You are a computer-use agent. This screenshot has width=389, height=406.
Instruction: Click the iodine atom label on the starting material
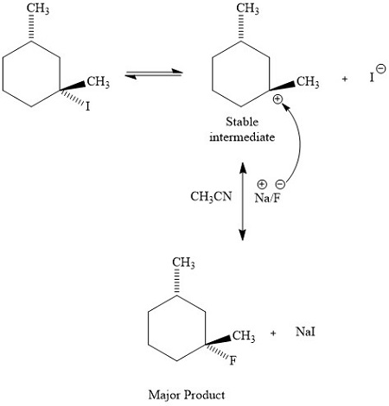click(x=88, y=107)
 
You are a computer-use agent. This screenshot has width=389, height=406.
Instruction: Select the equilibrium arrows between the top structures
click(x=152, y=77)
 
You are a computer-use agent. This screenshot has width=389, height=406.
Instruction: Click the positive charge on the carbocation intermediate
click(x=277, y=100)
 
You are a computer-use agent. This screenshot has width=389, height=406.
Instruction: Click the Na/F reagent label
click(x=267, y=197)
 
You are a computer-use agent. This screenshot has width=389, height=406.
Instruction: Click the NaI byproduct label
click(x=305, y=332)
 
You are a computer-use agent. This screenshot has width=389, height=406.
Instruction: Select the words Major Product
click(x=187, y=395)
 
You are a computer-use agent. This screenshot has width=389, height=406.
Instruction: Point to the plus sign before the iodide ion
click(x=345, y=79)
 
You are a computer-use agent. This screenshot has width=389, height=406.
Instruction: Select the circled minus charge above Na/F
click(x=279, y=182)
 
